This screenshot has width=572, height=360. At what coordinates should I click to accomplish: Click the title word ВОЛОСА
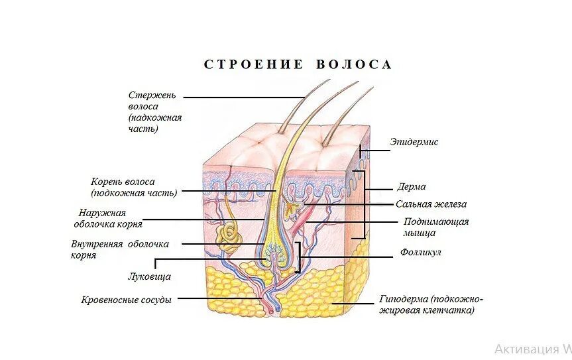[x=355, y=64]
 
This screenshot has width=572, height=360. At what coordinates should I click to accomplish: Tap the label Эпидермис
[x=414, y=142]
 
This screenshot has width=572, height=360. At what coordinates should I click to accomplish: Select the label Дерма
[x=412, y=186]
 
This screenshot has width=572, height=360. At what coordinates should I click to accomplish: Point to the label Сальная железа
[x=431, y=204]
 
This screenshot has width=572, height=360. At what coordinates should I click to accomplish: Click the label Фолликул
[x=420, y=253]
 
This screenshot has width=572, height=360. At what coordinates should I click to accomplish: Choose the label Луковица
[x=149, y=276]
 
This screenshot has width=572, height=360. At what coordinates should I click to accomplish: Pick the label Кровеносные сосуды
[x=127, y=300]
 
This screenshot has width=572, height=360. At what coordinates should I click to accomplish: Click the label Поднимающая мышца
[x=435, y=227]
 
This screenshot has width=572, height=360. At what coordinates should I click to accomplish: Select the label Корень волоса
[x=133, y=187]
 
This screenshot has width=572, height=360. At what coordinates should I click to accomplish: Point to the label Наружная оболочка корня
[x=109, y=219]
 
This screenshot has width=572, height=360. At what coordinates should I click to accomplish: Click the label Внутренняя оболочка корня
[x=119, y=249]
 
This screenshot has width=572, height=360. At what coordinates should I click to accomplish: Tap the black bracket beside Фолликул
[x=299, y=257]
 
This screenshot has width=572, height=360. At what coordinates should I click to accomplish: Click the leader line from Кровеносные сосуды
[x=219, y=298]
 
